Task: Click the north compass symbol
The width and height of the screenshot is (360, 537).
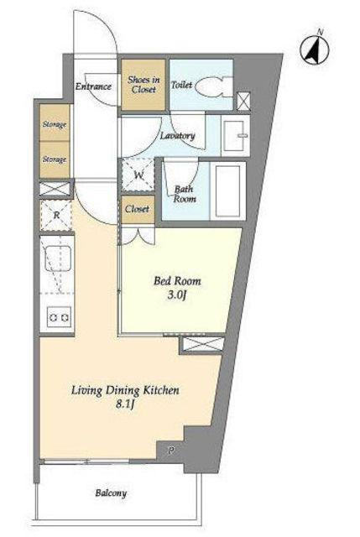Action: [x=315, y=50]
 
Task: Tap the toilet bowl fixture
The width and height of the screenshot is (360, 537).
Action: [x=213, y=86]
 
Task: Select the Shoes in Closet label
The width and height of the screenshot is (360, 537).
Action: [x=143, y=85]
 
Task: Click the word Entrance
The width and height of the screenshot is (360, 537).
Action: [x=93, y=86]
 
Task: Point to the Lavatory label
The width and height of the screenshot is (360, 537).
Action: [x=177, y=136]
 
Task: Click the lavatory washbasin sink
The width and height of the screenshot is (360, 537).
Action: [x=235, y=136]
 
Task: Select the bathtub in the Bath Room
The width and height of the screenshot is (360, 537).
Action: [x=227, y=190]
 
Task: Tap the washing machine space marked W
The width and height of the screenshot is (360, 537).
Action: [x=138, y=176]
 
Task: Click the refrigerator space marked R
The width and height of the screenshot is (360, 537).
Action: [x=56, y=216]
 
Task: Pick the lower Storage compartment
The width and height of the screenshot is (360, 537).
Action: [x=55, y=159]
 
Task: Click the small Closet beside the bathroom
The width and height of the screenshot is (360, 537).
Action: [x=137, y=209]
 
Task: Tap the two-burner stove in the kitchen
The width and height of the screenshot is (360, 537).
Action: [x=59, y=317]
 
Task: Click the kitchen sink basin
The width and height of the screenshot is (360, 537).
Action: [x=58, y=258]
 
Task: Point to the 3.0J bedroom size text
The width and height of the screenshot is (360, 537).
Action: [x=177, y=295]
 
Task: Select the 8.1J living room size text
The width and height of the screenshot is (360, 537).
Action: [x=125, y=404]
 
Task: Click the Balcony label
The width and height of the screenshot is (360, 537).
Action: [x=111, y=493]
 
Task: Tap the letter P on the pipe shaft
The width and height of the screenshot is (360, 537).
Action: [x=170, y=451]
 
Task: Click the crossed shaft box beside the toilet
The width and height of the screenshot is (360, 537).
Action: [x=243, y=102]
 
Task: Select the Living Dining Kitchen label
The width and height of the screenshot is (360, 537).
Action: [x=125, y=390]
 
